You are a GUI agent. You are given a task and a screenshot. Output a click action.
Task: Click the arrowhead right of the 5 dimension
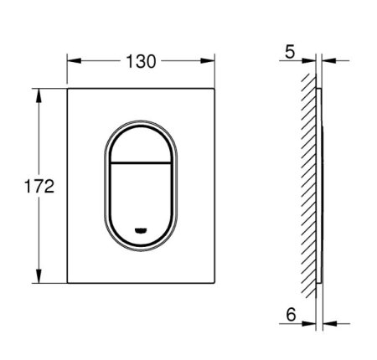click(326, 59)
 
